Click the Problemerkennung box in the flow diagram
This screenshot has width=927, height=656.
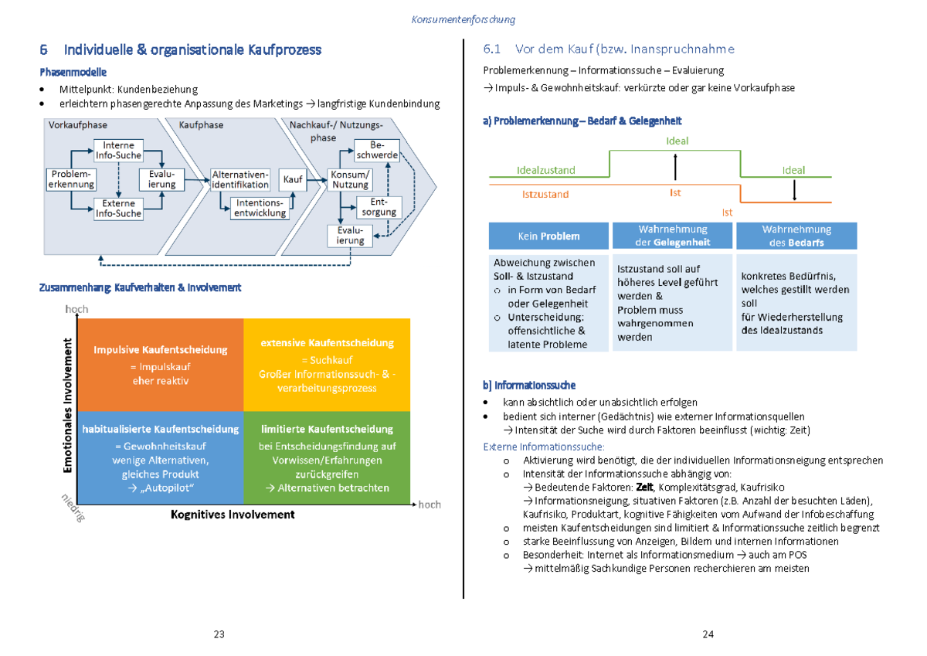pos(72,179)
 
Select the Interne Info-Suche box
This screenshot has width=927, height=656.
pos(118,150)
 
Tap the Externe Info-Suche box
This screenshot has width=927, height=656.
pos(118,209)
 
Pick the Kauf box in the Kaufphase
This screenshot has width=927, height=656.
pos(293,179)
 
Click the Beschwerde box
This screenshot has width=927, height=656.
pos(376,150)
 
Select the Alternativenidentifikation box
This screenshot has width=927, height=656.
pos(240,179)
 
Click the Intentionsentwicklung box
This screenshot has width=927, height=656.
pos(260,208)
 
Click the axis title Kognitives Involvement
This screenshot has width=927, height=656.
pos(233,515)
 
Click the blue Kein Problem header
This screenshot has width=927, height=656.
pos(548,236)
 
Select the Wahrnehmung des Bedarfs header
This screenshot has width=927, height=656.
pos(796,236)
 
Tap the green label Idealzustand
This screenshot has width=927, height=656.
pos(545,170)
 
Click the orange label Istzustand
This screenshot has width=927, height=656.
pos(545,194)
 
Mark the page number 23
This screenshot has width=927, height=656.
pos(219,634)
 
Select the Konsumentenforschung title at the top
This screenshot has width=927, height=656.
pos(463,19)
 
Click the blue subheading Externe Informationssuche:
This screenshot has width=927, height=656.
pos(544,447)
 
